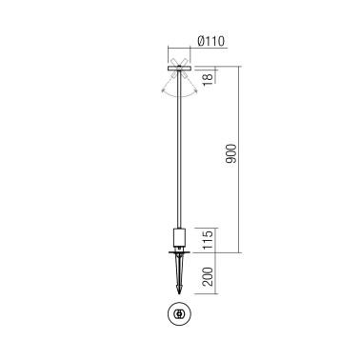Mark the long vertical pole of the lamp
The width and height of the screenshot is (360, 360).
(179, 152)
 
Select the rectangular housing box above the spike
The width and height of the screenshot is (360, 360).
(179, 237)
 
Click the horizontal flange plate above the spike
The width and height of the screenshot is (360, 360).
(179, 253)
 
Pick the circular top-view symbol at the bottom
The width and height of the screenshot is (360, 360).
(179, 313)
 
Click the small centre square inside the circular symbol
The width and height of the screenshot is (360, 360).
(179, 313)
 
